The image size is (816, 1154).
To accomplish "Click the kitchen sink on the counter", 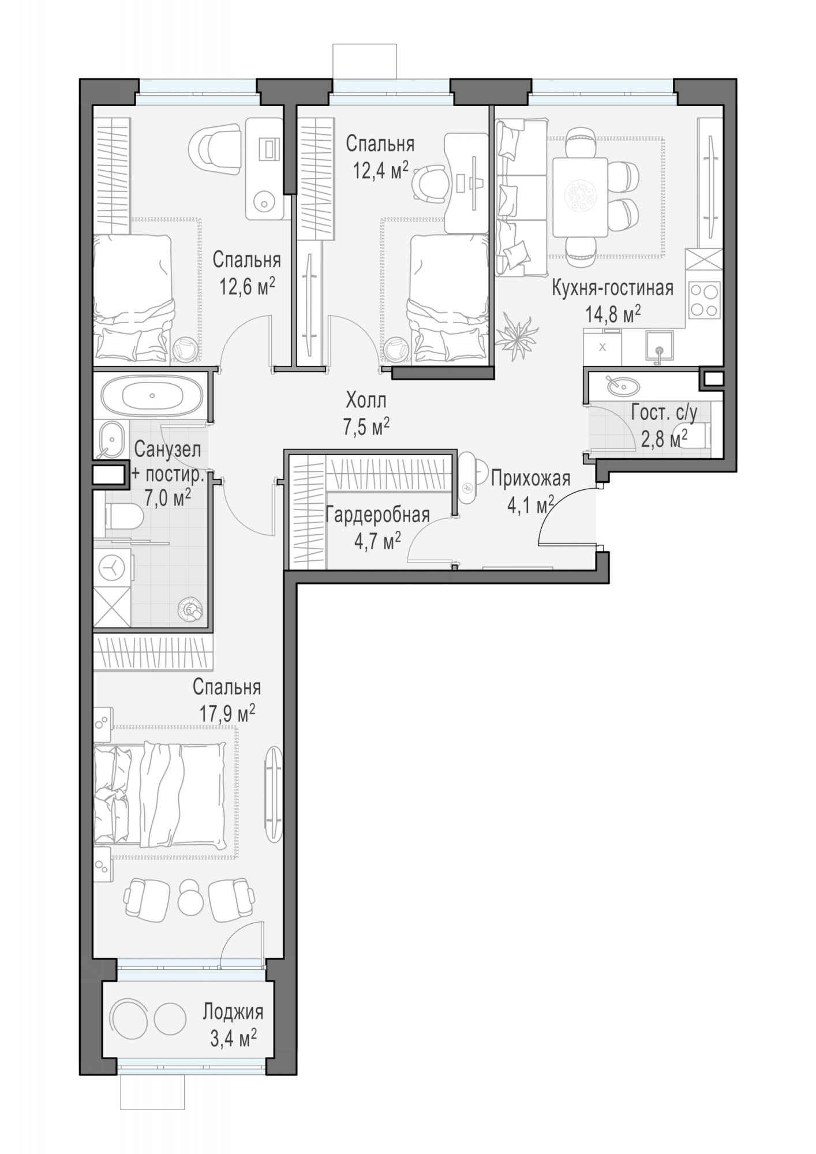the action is (658, 348).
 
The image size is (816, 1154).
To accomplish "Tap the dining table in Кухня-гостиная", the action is (580, 197).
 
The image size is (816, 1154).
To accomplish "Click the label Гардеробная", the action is (377, 515).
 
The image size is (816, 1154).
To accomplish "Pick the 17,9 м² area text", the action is (227, 714).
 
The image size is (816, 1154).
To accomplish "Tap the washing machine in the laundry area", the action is (113, 568).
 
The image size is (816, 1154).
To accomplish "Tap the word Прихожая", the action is (530, 478).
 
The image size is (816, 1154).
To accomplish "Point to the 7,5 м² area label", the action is (366, 428).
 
